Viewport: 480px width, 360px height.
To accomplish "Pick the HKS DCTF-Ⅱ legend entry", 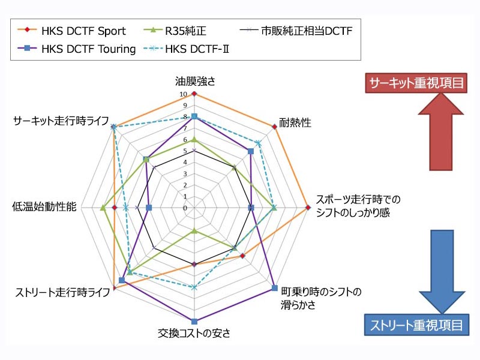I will [x=194, y=49].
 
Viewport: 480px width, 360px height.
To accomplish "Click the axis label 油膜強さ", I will [x=194, y=82].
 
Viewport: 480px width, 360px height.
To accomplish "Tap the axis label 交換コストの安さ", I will [x=194, y=334].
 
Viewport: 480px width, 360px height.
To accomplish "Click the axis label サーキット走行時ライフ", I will [x=61, y=121].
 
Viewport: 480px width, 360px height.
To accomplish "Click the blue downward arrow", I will [x=442, y=270].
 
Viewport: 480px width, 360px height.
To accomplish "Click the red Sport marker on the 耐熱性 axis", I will [x=274, y=126].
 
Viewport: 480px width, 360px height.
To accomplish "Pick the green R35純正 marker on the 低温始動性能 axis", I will [x=103, y=208].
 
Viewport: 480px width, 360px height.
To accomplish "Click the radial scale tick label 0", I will [x=185, y=208].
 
